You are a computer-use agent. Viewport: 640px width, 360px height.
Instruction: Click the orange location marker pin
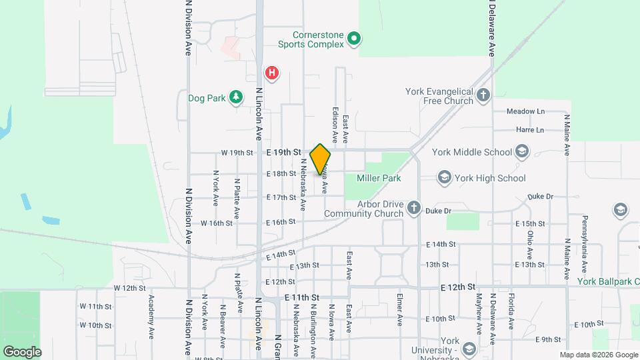320,159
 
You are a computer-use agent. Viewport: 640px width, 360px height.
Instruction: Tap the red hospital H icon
272,73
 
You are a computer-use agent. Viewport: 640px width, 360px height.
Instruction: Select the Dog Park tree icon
235,98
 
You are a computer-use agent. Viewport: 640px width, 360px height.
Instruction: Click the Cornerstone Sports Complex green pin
355,39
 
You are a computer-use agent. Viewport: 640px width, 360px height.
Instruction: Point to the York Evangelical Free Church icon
484,96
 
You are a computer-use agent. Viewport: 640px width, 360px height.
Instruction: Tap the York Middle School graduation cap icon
522,152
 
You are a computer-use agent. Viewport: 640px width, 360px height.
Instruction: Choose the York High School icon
444,178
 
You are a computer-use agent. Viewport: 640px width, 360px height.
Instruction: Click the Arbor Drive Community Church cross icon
413,209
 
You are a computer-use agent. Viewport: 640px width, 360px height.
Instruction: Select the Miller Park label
379,179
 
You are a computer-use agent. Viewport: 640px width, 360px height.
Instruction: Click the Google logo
22,351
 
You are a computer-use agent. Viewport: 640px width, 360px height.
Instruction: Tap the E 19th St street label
284,152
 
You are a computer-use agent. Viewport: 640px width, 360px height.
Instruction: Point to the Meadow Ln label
525,111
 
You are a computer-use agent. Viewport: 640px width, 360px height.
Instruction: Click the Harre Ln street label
530,129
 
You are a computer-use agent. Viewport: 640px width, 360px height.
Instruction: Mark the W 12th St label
129,287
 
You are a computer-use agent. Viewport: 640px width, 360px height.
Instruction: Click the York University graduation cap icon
469,349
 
